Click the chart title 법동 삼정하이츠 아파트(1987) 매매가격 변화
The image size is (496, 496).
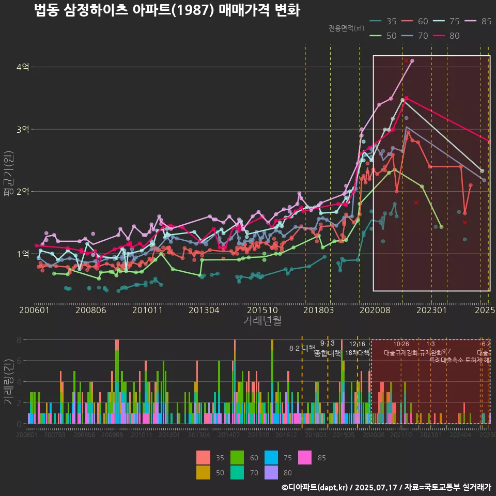click(167, 10)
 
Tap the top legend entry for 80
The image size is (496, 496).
click(447, 36)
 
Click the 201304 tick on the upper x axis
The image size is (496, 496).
click(204, 310)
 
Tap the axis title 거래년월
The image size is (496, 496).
click(262, 320)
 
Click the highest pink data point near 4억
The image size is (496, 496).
click(412, 61)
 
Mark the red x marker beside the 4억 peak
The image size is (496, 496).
click(407, 61)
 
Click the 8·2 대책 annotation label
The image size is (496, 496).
click(302, 348)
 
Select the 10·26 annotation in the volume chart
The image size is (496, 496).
click(401, 344)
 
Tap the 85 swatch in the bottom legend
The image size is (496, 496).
click(307, 458)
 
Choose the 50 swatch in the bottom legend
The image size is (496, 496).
click(204, 472)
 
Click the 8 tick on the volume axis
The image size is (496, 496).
click(19, 340)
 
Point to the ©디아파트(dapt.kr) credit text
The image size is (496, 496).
click(315, 487)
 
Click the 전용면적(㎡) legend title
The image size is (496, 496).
click(346, 28)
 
